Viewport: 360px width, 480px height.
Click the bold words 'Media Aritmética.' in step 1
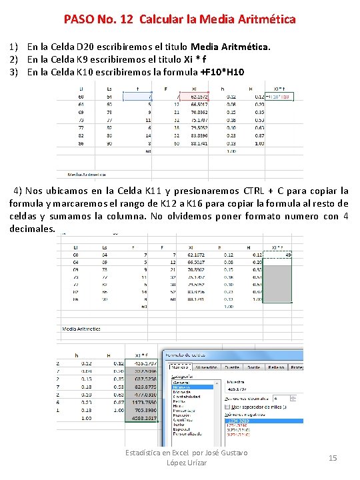coord(231,47)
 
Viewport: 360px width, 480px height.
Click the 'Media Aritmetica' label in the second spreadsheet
coord(81,329)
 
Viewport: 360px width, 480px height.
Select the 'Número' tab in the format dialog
coord(179,367)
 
